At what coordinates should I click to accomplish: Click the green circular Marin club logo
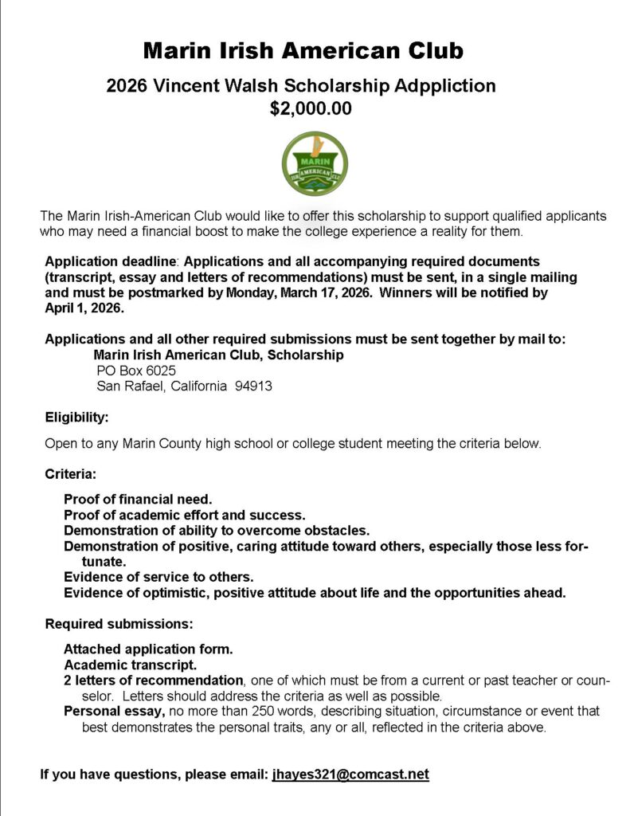[x=315, y=164]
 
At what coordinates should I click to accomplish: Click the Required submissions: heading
[x=119, y=623]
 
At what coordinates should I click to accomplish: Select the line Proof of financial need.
[x=138, y=500]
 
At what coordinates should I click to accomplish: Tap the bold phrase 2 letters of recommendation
[x=153, y=681]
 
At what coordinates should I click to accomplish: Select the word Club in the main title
[x=430, y=52]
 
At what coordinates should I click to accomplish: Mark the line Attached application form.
[x=148, y=649]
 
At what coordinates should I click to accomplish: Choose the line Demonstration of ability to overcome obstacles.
[x=217, y=531]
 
